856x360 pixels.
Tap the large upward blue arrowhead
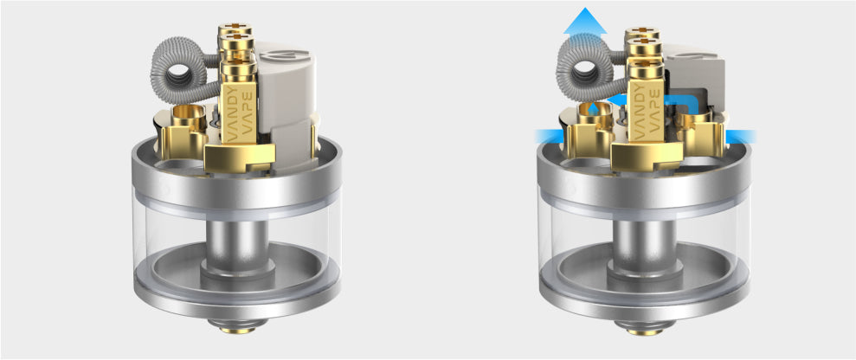point(580,19)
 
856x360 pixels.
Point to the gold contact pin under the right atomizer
point(643,327)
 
